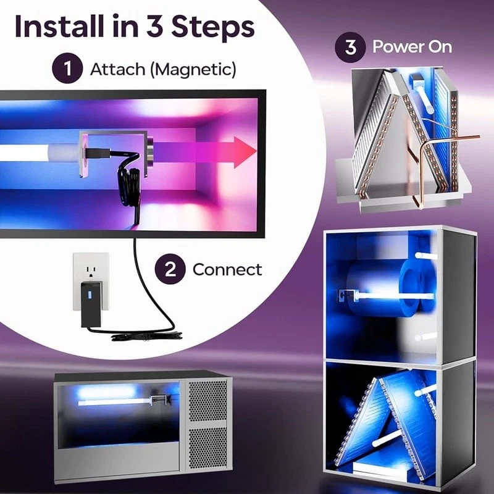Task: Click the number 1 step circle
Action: pos(67,68)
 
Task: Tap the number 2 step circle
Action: pos(170,269)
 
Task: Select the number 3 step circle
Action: pos(350,48)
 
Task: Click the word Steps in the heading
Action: pos(213,27)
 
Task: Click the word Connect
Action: pos(227,270)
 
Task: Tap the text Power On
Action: pos(412,47)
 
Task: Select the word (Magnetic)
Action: pos(193,69)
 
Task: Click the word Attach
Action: pos(117,69)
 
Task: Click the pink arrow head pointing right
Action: pos(245,153)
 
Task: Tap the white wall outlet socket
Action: pos(91,280)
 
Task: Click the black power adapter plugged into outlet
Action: pos(91,304)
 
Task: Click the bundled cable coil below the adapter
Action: pos(147,337)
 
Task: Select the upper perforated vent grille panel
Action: pos(207,400)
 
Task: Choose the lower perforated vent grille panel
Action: pos(207,449)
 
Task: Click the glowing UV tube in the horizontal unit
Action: pos(115,401)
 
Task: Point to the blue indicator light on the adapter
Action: pos(90,295)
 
